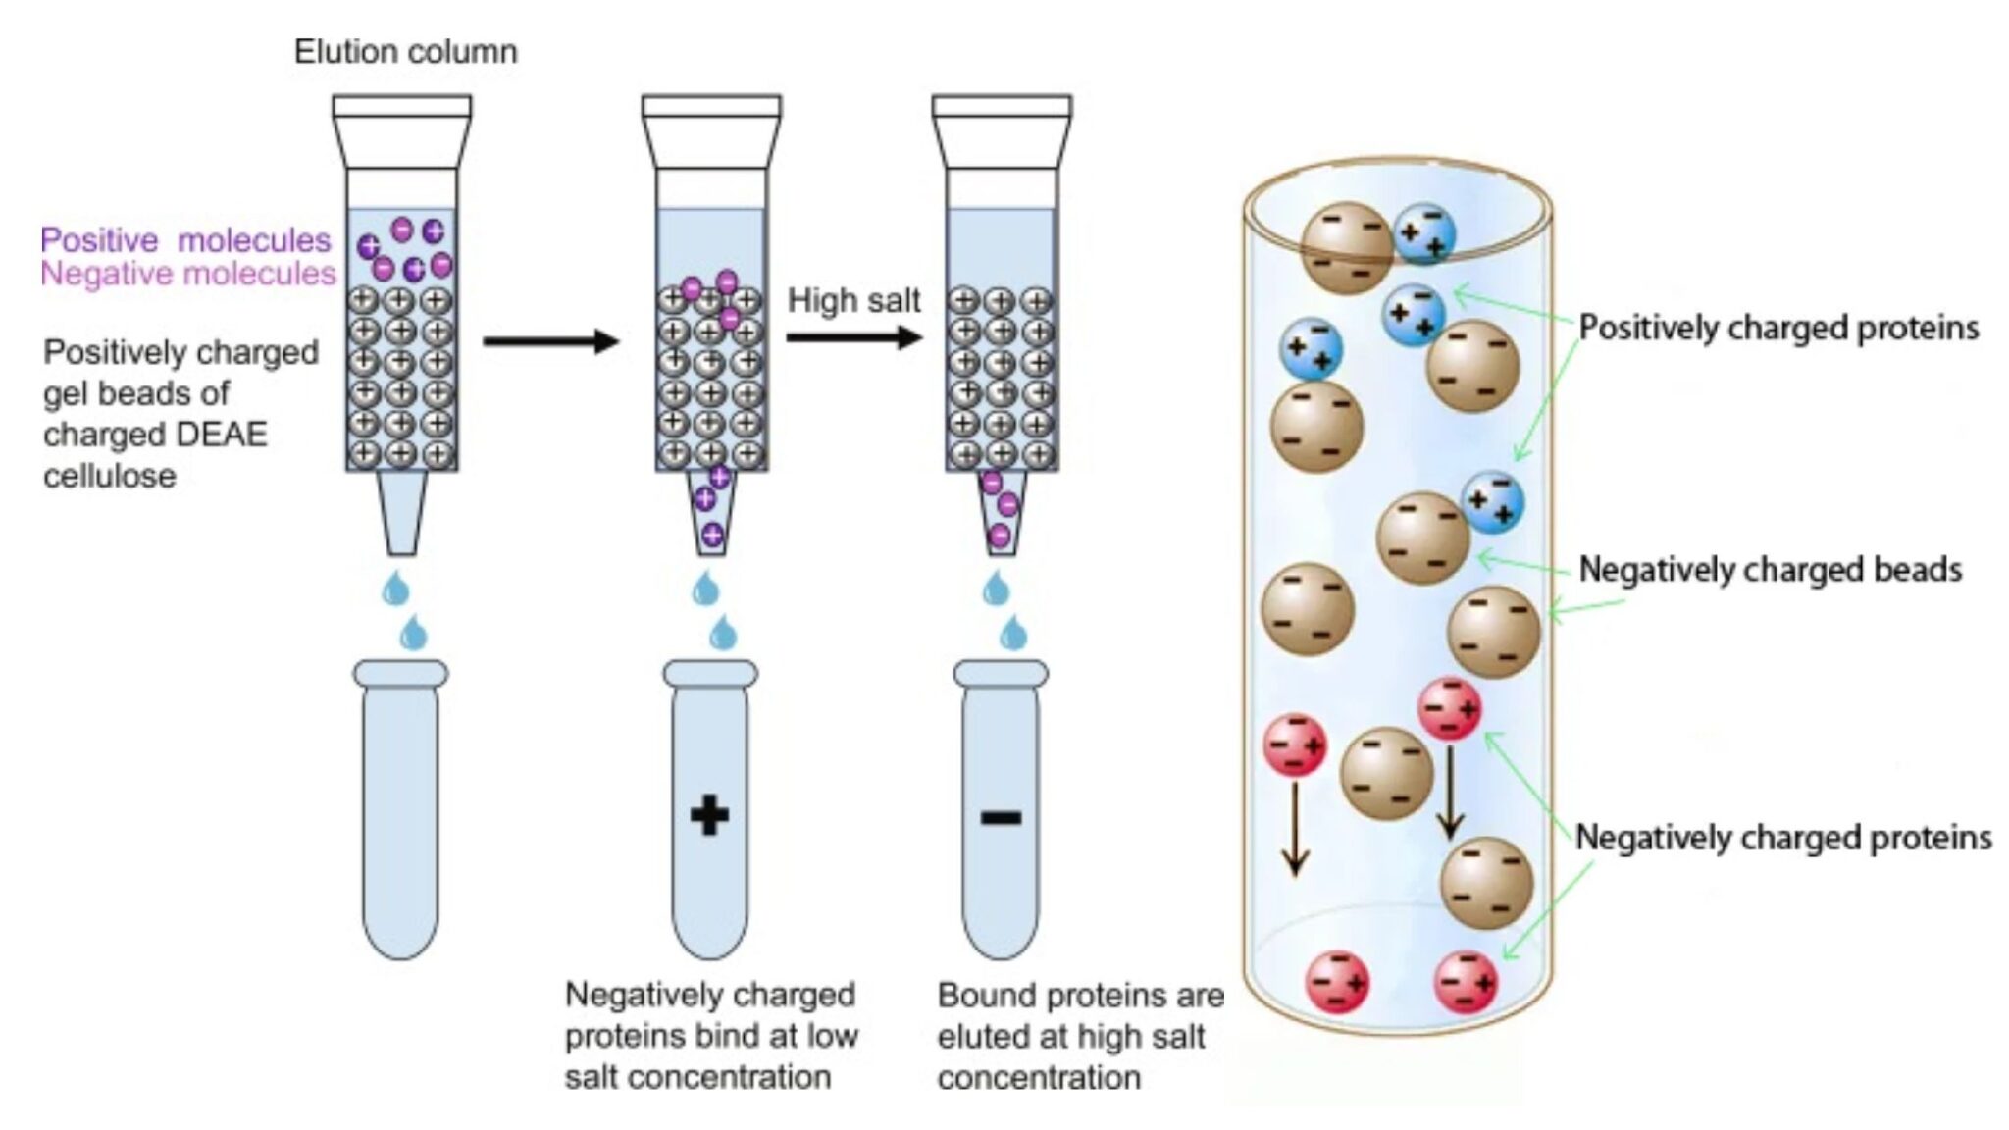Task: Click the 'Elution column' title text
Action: pyautogui.click(x=405, y=51)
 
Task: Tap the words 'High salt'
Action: pyautogui.click(x=853, y=300)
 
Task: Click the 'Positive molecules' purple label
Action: pyautogui.click(x=185, y=240)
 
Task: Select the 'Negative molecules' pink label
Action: pyautogui.click(x=187, y=274)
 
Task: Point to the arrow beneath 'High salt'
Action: pyautogui.click(x=853, y=338)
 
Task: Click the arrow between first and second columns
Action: pyautogui.click(x=550, y=341)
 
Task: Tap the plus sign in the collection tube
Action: pyautogui.click(x=709, y=815)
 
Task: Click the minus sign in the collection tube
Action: pyautogui.click(x=1001, y=817)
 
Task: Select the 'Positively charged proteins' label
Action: pyautogui.click(x=1778, y=328)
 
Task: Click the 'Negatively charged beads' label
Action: pyautogui.click(x=1770, y=569)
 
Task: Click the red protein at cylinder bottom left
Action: pyautogui.click(x=1337, y=982)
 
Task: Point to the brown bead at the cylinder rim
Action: pyautogui.click(x=1347, y=247)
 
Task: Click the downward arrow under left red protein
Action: pyautogui.click(x=1295, y=827)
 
